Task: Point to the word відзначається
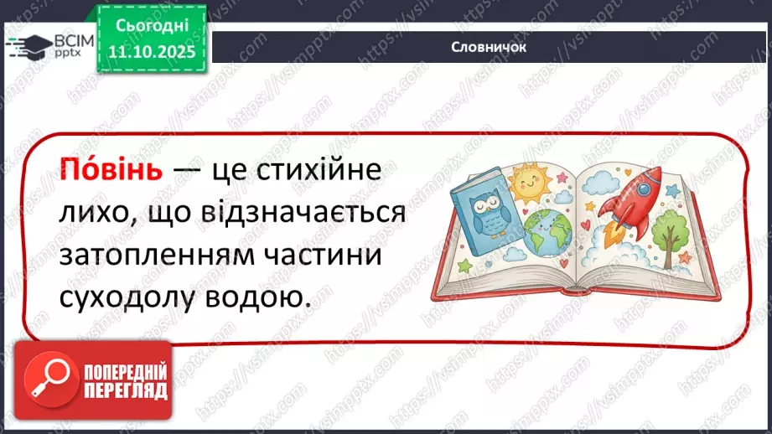tap(303, 214)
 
